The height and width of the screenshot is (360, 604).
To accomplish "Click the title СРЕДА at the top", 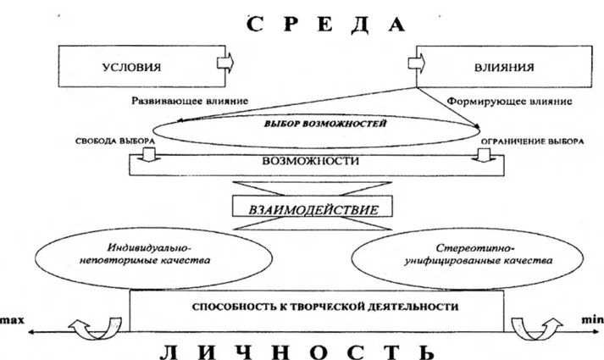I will coord(326,23).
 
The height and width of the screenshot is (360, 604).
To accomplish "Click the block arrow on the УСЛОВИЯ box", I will coord(225,64).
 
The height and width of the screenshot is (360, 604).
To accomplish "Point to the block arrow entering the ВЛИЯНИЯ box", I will coord(418,64).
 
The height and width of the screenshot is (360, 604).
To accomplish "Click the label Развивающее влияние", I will coord(189,100).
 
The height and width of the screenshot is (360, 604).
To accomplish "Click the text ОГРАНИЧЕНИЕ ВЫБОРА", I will coord(530,141).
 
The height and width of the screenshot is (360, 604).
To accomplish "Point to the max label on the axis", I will coord(12,319).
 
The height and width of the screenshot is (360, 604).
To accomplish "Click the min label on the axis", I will coord(590,319).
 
